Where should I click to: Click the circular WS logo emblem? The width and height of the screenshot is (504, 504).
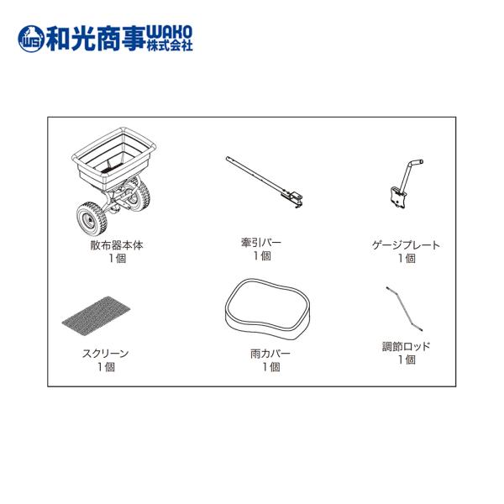(31, 39)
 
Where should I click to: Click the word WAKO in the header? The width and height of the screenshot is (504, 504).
(170, 32)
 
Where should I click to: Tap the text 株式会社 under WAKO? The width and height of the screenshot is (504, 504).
(170, 45)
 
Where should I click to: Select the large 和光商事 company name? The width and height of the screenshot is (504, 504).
(96, 39)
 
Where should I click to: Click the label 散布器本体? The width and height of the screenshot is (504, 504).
(117, 245)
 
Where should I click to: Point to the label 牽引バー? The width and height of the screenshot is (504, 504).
(261, 243)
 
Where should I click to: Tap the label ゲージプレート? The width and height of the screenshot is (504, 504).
(406, 245)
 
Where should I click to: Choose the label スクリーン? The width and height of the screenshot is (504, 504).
(106, 354)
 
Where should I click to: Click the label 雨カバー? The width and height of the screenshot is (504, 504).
(270, 354)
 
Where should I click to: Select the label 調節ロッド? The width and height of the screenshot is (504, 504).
(406, 346)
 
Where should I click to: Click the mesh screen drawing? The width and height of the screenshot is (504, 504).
(96, 317)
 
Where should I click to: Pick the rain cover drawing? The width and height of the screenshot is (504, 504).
(268, 309)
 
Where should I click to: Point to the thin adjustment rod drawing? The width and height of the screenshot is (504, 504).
(404, 309)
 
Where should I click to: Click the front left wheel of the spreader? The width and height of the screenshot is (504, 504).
(92, 218)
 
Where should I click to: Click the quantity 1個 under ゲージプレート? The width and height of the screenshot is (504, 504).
(407, 258)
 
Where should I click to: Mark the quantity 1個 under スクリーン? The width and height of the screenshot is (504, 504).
(106, 367)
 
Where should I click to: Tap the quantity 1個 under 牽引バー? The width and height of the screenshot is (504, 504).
(262, 256)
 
